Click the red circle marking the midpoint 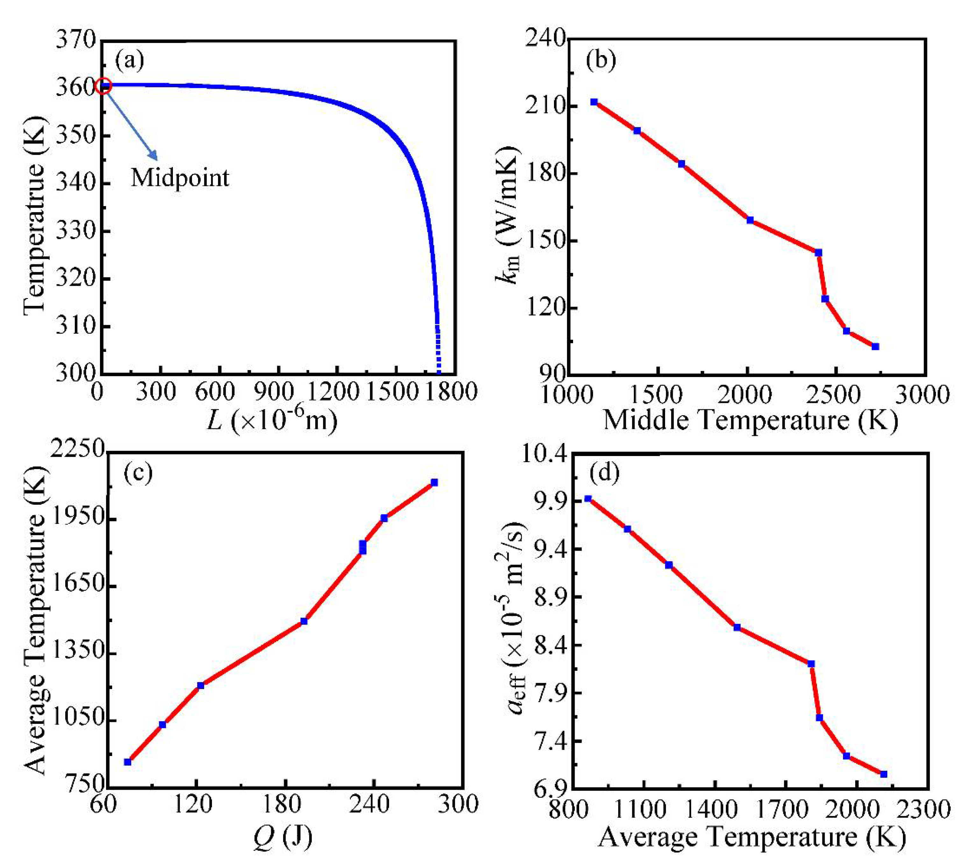pyautogui.click(x=103, y=86)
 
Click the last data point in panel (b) pyautogui.click(x=875, y=346)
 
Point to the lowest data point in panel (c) pyautogui.click(x=127, y=762)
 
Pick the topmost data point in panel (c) pyautogui.click(x=434, y=482)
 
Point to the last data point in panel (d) pyautogui.click(x=884, y=774)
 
